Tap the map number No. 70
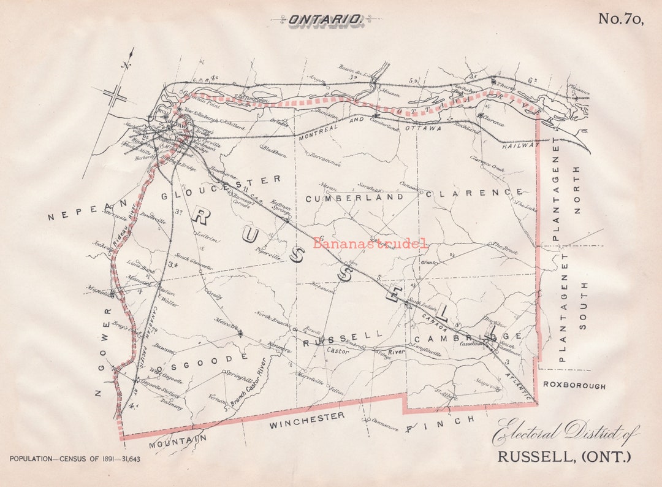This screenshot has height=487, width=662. (x=620, y=20)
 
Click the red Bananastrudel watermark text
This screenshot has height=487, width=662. (x=370, y=243)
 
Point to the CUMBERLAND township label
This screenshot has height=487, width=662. (x=354, y=198)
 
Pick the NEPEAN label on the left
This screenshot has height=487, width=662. (x=86, y=210)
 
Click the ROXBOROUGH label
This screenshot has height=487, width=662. (x=574, y=386)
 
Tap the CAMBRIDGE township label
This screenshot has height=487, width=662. (x=469, y=338)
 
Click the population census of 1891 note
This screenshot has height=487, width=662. (x=75, y=459)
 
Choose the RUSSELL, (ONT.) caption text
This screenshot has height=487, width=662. (x=563, y=457)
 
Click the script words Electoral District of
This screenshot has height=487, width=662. (x=565, y=432)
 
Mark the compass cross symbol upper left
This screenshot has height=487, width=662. (x=115, y=96)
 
